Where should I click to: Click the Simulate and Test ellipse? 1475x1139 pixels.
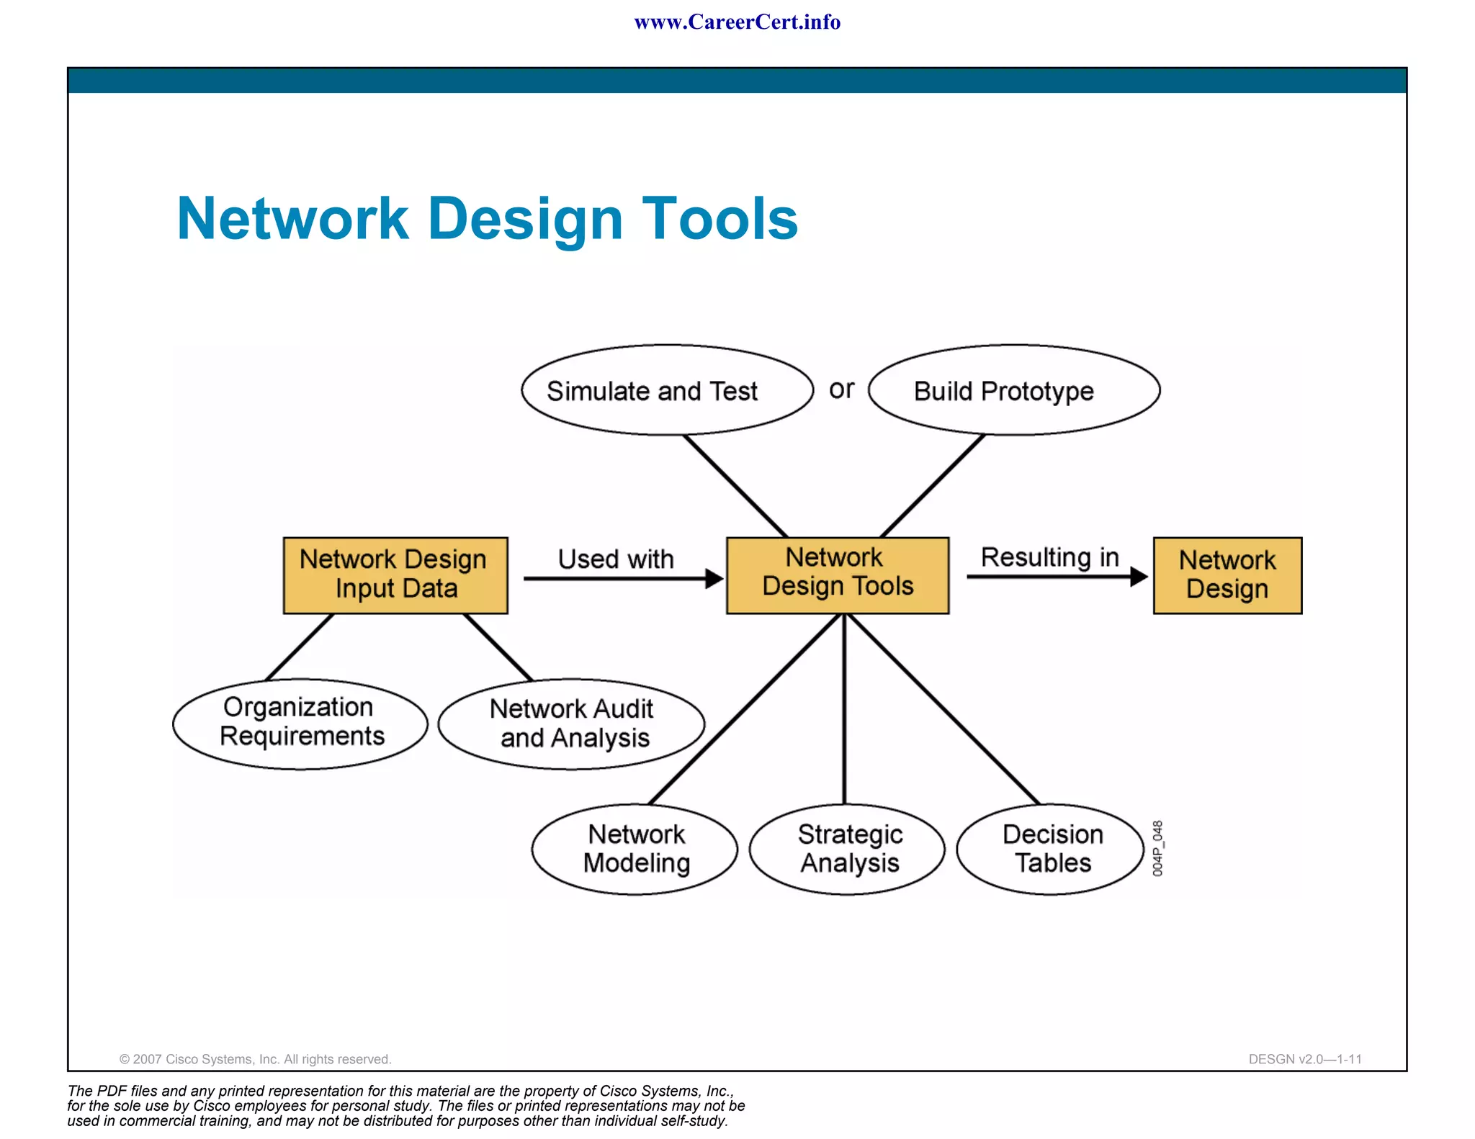pos(667,390)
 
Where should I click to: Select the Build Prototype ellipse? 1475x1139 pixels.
pos(1013,390)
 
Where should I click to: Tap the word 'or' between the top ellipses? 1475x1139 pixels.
pos(841,390)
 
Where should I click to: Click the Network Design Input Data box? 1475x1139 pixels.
pos(395,575)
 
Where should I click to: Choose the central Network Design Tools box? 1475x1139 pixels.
pos(838,575)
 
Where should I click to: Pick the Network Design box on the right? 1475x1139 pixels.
pos(1227,575)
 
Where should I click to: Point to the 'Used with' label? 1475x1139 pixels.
pos(616,559)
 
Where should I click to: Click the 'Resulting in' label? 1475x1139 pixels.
pos(1049,557)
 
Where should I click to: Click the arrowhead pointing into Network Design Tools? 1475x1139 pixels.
pos(714,578)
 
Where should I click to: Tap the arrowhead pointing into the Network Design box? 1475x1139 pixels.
pos(1139,576)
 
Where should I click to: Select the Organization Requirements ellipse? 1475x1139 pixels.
pos(300,724)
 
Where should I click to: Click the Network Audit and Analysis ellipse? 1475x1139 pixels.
pos(571,724)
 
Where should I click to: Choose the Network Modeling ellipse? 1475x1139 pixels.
pos(635,849)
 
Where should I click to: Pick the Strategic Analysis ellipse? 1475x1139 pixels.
pos(847,849)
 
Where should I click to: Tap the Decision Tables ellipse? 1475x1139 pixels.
pos(1051,849)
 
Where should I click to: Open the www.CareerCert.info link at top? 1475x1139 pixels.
pos(737,22)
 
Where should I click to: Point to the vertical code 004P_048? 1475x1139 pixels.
pos(1157,848)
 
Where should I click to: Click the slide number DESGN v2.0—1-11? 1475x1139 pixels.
pos(1305,1059)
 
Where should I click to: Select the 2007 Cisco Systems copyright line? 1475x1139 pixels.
pos(255,1059)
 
